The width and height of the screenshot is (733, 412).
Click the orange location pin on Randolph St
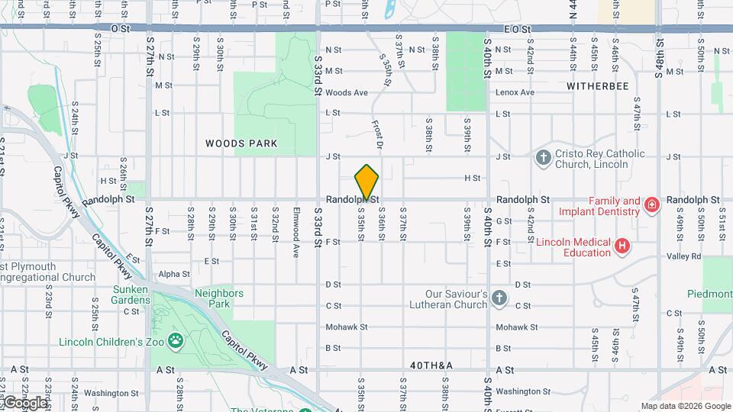click(x=366, y=182)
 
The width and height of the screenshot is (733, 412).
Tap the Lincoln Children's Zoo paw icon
click(x=176, y=340)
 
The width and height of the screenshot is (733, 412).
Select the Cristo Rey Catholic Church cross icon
click(x=543, y=158)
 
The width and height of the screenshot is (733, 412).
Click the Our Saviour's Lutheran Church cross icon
click(x=499, y=298)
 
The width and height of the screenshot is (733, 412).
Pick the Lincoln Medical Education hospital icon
click(x=622, y=246)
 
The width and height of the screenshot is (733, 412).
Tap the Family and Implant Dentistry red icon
click(x=651, y=204)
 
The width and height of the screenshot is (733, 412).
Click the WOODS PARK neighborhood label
click(x=241, y=143)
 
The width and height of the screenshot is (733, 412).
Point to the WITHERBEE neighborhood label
click(x=598, y=86)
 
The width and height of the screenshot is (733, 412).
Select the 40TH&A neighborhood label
click(x=431, y=366)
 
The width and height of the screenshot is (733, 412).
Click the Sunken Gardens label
click(x=137, y=295)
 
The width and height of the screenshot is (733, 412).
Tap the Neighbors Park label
click(x=219, y=298)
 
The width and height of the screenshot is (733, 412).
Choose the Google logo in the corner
click(x=24, y=402)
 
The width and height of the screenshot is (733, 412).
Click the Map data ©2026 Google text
click(x=685, y=406)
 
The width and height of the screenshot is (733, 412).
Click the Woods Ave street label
click(x=347, y=92)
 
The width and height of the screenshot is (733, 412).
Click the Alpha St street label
click(x=174, y=274)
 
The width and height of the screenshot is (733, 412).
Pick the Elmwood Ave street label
click(x=296, y=220)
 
